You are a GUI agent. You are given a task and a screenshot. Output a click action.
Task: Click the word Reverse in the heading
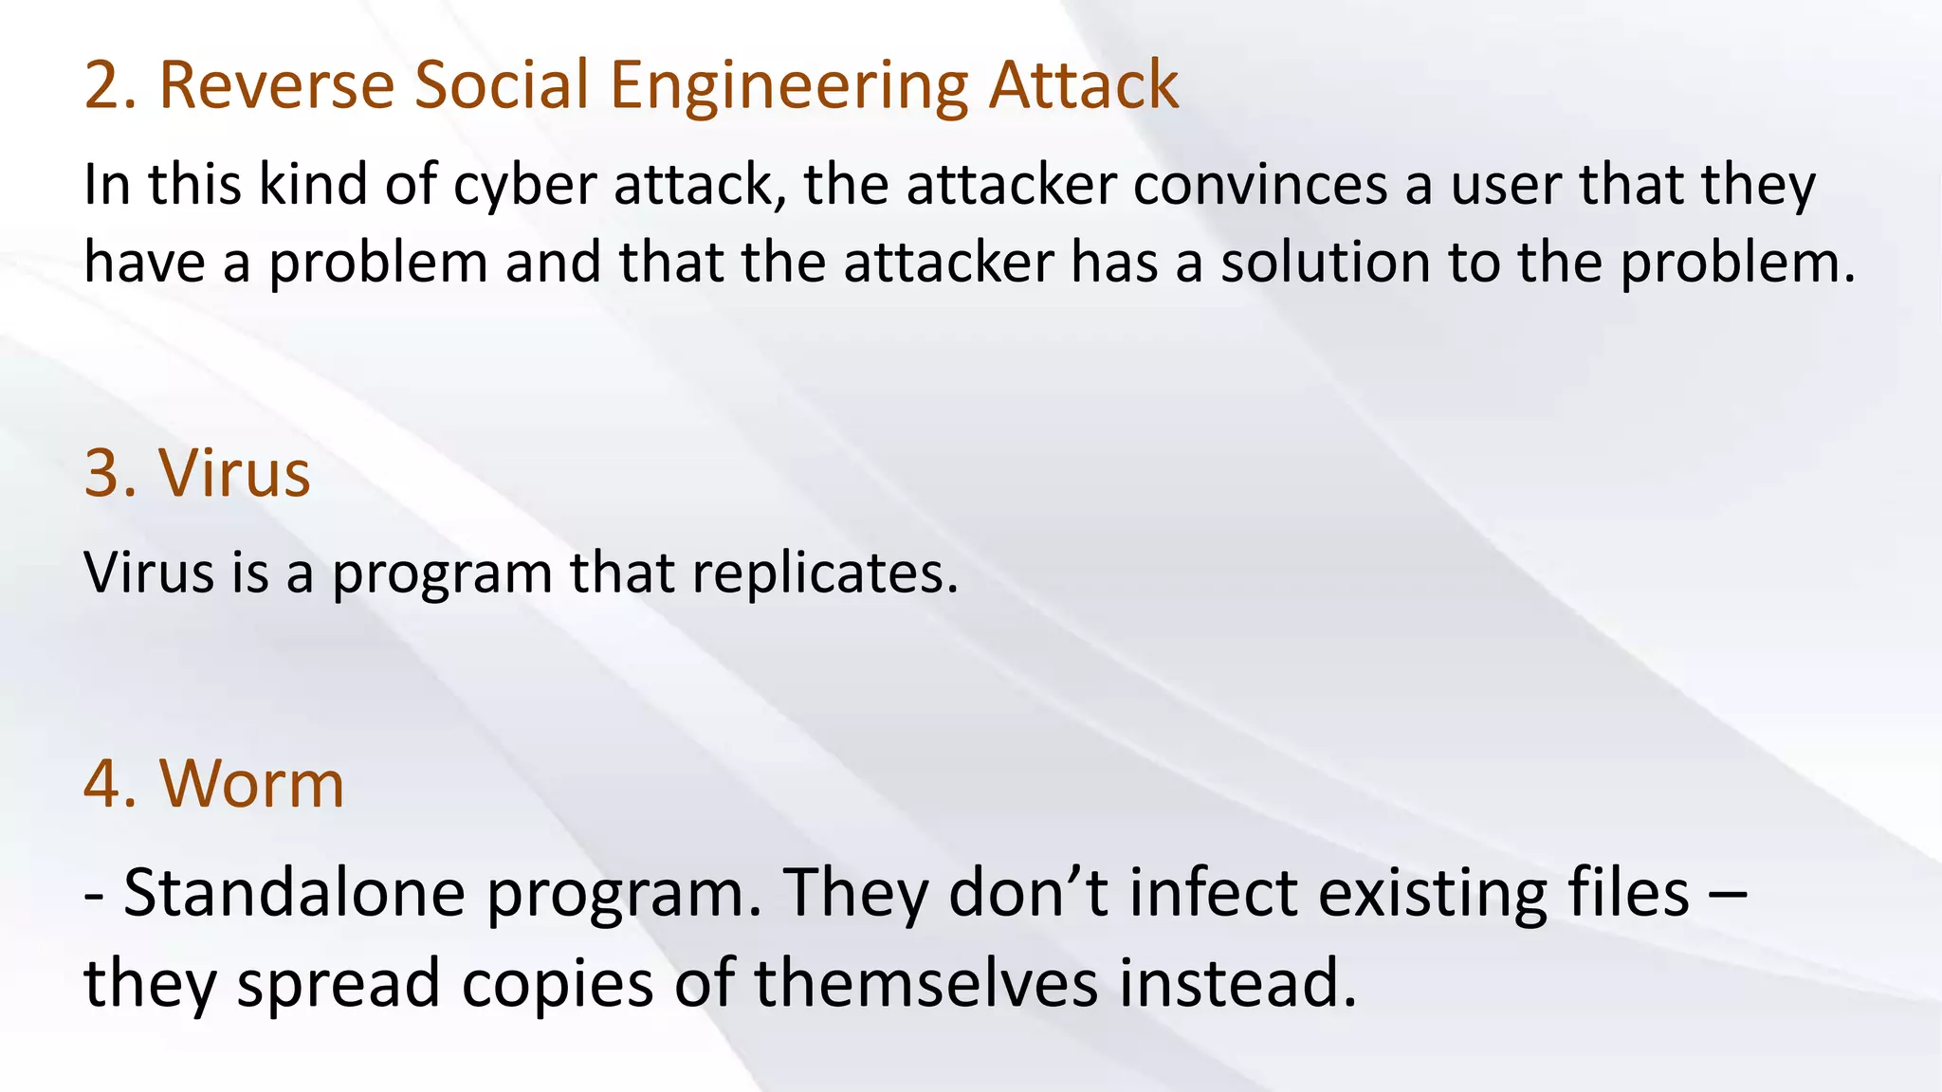(276, 85)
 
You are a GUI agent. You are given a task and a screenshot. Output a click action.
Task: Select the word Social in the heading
(502, 85)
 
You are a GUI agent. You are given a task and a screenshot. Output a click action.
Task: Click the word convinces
(1260, 184)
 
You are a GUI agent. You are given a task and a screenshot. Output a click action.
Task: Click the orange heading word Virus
(234, 473)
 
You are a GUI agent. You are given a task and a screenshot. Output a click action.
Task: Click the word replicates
(825, 574)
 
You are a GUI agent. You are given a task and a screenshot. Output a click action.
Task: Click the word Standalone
(294, 893)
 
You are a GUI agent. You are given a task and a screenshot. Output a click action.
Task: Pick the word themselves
(926, 983)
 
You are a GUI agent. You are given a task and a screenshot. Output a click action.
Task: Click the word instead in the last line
(1237, 983)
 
